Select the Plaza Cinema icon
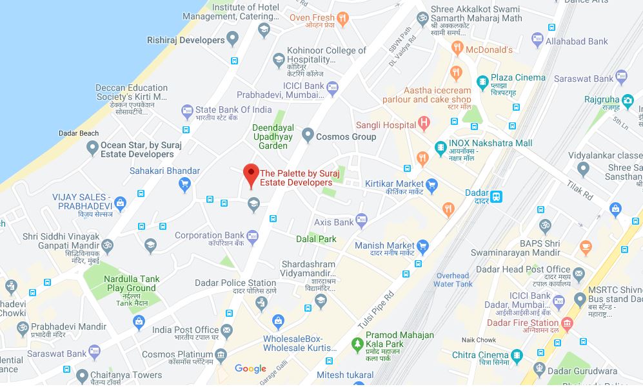coord(482,81)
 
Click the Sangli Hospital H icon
coord(424,122)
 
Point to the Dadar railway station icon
coord(496,196)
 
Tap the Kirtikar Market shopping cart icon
coord(431,187)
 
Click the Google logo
coord(250,369)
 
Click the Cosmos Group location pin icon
coord(308,137)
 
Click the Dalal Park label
coord(316,239)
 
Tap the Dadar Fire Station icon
coord(566,323)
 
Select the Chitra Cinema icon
coord(516,355)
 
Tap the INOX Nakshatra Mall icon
coord(440,147)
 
